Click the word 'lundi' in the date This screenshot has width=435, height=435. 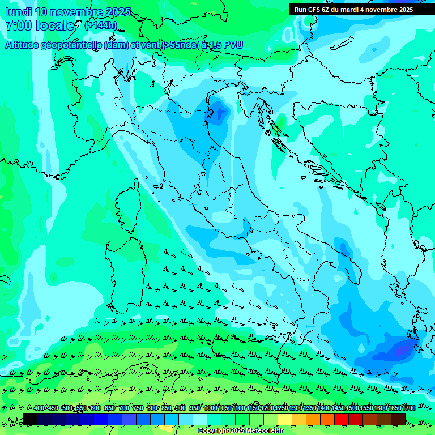click(18, 12)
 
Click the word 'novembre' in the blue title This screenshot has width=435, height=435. click(77, 12)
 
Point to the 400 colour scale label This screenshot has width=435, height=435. click(39, 408)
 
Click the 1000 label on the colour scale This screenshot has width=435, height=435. click(211, 408)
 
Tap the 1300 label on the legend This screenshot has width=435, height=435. click(296, 408)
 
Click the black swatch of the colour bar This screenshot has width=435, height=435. click(30, 419)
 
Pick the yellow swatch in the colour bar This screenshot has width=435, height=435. click(285, 419)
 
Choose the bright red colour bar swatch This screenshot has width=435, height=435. click(342, 419)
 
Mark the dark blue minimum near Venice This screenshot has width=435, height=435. click(218, 112)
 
